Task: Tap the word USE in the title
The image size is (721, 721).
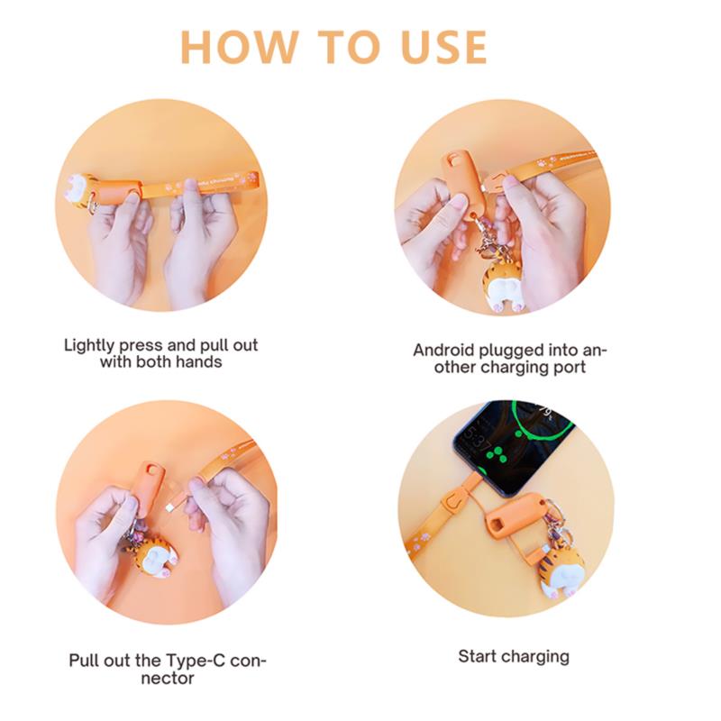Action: (444, 47)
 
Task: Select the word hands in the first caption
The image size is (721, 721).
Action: (198, 362)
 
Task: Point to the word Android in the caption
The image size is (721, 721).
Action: (443, 351)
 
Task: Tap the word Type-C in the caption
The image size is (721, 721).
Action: (196, 662)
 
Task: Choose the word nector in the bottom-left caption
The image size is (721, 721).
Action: (168, 679)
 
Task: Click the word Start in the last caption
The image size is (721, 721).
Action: (477, 657)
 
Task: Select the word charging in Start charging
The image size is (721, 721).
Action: (534, 658)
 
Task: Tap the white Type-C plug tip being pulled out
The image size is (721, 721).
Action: (169, 507)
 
